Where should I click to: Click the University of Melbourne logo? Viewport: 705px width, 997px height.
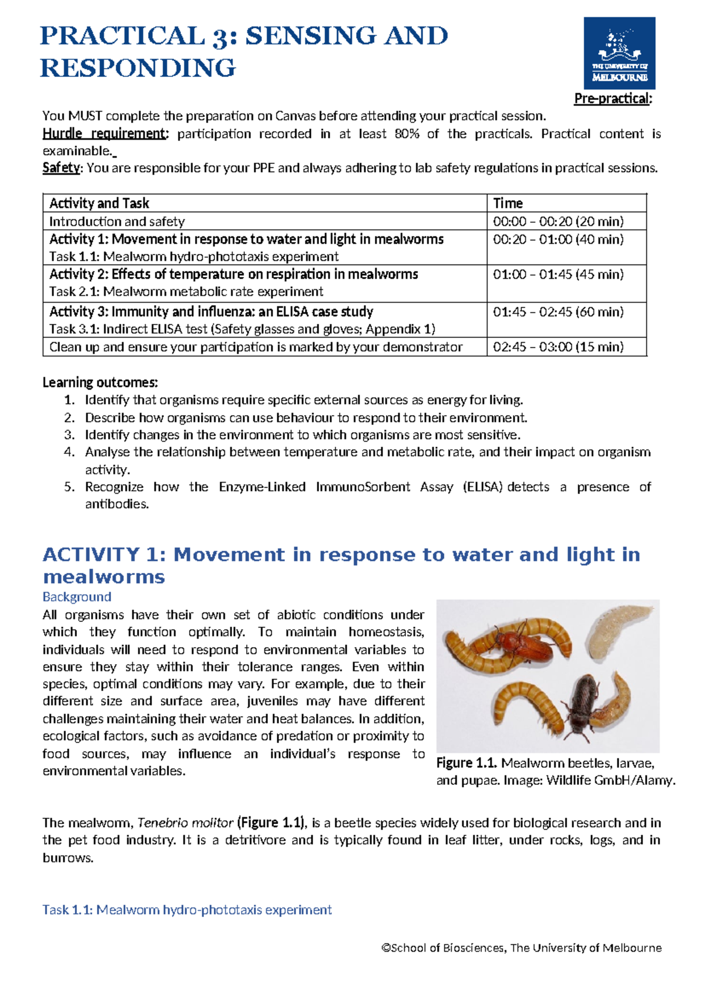[x=619, y=53]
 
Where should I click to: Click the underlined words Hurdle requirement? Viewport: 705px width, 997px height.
[x=105, y=134]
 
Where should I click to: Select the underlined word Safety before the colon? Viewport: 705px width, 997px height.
[x=61, y=168]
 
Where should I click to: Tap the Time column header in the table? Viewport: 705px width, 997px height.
[x=508, y=203]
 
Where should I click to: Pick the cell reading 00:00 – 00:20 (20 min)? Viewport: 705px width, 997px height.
[x=558, y=222]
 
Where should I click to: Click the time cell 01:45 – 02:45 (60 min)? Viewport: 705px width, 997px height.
[x=558, y=312]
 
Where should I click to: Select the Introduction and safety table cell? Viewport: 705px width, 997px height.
[x=117, y=222]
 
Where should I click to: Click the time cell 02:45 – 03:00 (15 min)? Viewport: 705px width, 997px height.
[x=558, y=347]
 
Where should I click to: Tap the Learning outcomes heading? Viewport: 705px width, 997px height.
[x=100, y=383]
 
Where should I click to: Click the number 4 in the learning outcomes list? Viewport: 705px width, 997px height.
[x=69, y=452]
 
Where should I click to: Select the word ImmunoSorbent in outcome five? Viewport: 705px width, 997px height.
[x=362, y=487]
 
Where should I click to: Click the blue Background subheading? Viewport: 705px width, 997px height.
[x=77, y=597]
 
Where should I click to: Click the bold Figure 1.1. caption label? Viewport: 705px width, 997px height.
[x=466, y=763]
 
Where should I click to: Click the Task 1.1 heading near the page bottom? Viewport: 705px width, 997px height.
[x=187, y=910]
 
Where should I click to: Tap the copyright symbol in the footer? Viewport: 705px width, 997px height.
[x=386, y=948]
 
